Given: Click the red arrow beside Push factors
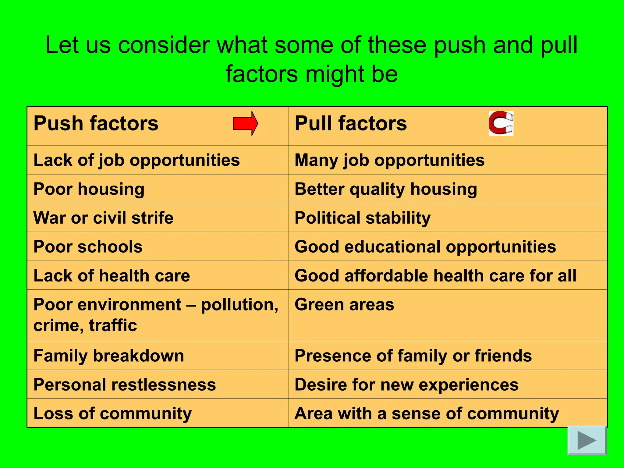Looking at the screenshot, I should click(245, 123).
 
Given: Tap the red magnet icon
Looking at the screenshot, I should click(501, 123).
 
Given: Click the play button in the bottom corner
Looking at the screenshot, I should click(587, 440).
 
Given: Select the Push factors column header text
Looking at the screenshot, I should click(96, 123).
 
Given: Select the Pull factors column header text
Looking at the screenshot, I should click(350, 123).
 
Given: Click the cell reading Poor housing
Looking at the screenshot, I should click(89, 189).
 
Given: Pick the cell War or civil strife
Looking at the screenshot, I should click(103, 218).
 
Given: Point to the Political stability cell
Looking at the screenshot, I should click(363, 218).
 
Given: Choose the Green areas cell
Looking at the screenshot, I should click(344, 305).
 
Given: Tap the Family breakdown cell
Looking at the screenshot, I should click(109, 356).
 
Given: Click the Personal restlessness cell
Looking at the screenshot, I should click(125, 385).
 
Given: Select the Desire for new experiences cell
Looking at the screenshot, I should click(406, 385).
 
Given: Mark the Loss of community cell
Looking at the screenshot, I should click(112, 413).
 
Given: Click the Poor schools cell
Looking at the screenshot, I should click(88, 246).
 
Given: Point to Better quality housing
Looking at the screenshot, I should click(386, 189).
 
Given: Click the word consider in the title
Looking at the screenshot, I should click(164, 45).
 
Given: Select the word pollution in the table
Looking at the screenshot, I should click(239, 305).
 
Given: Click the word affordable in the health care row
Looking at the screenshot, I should click(386, 276).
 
